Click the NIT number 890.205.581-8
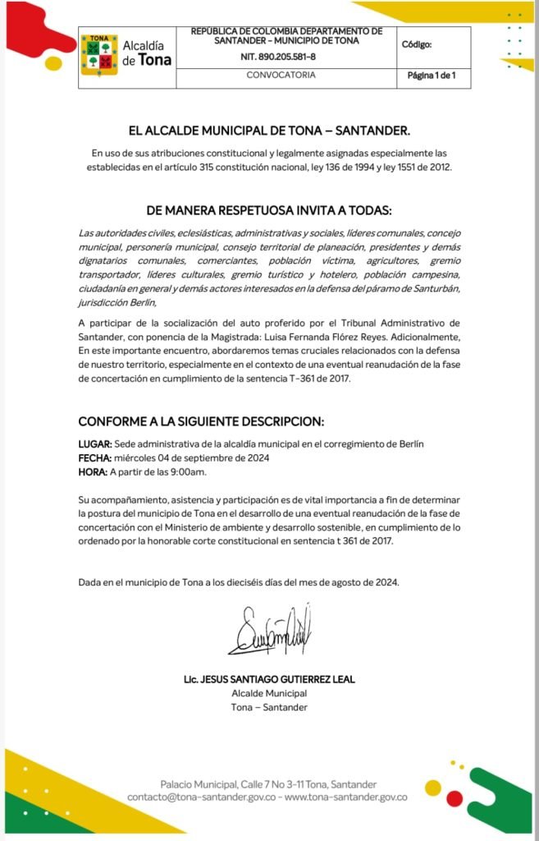point(277,57)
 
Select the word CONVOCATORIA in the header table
point(281,76)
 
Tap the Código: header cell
point(417,46)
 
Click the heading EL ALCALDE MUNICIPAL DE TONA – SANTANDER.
point(269,131)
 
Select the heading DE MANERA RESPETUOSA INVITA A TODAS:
point(269,209)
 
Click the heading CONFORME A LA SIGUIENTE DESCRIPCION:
point(201,421)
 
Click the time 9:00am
point(188,471)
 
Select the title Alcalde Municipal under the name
point(269,693)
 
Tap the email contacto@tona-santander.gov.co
point(203,797)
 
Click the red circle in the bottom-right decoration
point(454,797)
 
